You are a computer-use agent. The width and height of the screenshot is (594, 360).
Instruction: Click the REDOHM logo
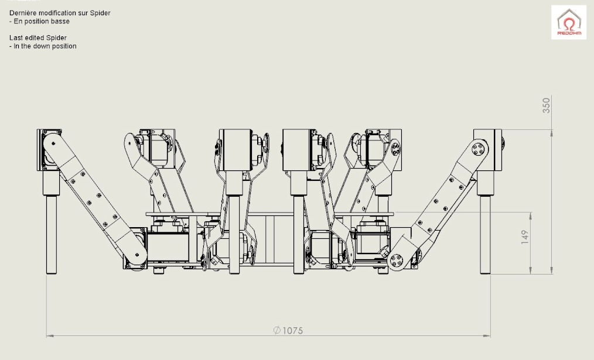[569, 22]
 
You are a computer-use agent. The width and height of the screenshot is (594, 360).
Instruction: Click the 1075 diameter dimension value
[292, 331]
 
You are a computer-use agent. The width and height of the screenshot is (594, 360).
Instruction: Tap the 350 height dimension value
[546, 105]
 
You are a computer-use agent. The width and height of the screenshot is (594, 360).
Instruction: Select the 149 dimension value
[525, 237]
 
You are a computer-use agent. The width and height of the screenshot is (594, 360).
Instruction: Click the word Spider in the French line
[100, 13]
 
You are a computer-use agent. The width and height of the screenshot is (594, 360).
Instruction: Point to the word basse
[61, 21]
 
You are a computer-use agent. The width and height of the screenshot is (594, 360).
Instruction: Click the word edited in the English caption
[35, 38]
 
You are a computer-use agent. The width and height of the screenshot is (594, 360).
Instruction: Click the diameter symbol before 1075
[277, 331]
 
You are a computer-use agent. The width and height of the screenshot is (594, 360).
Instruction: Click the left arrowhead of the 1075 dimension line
[50, 335]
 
